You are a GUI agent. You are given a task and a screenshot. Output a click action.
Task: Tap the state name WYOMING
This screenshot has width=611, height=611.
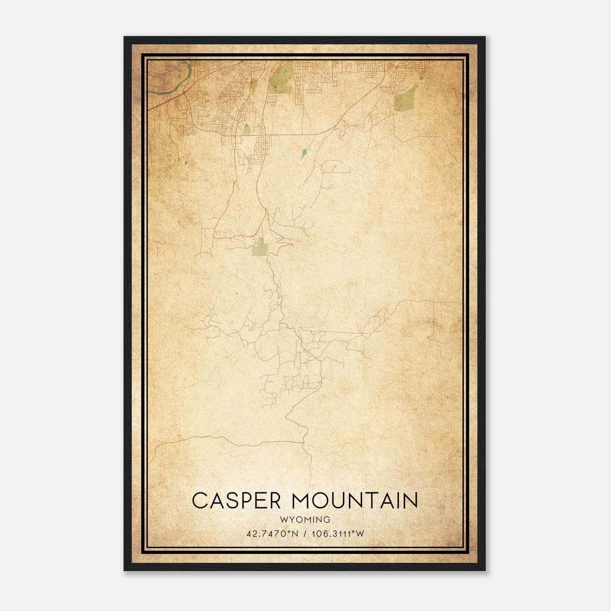pyautogui.click(x=305, y=520)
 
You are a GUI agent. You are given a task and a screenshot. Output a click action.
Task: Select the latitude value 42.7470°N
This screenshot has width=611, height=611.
pyautogui.click(x=271, y=533)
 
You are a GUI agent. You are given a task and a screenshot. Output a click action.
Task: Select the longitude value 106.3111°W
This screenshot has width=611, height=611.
pyautogui.click(x=338, y=533)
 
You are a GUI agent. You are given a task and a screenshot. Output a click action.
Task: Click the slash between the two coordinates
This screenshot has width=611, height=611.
pyautogui.click(x=304, y=533)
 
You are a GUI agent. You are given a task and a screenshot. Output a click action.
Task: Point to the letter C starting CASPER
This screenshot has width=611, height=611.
pyautogui.click(x=199, y=501)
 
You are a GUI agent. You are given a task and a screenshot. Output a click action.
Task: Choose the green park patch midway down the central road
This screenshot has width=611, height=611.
pyautogui.click(x=259, y=247)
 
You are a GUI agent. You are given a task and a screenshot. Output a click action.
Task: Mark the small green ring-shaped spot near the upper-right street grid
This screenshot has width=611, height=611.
pyautogui.click(x=421, y=78)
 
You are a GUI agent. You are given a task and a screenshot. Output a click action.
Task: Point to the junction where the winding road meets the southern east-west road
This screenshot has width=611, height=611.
pyautogui.click(x=303, y=443)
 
